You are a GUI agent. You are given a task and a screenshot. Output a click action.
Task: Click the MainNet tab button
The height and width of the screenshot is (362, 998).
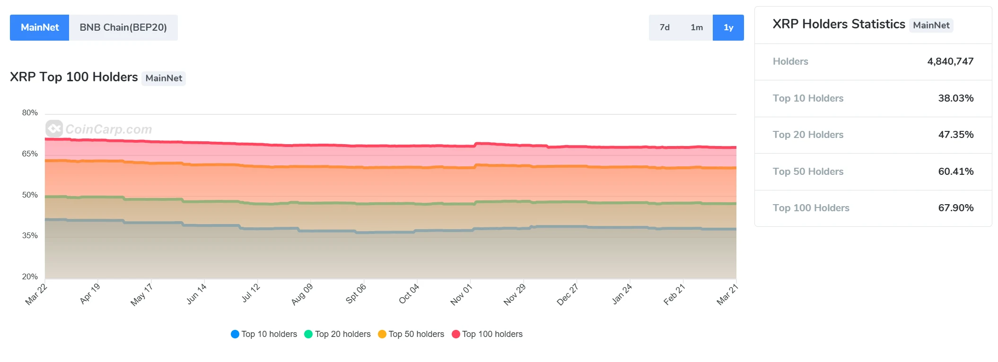coord(40,27)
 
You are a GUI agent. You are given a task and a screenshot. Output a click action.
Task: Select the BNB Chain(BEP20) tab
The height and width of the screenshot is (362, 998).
coord(123,27)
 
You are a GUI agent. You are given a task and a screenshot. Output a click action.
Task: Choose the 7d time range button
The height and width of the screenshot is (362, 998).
coord(665,27)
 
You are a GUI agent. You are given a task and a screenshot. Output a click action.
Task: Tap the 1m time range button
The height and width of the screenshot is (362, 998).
coord(697,27)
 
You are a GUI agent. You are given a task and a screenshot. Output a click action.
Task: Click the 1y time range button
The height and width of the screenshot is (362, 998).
coord(728,27)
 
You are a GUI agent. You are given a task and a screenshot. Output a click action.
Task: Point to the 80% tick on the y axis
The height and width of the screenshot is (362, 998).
coord(30,113)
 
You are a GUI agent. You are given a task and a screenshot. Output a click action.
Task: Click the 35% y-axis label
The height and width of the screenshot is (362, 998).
coord(30,236)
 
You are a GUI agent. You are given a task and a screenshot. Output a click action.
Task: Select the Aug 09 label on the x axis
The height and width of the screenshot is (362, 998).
coord(302,294)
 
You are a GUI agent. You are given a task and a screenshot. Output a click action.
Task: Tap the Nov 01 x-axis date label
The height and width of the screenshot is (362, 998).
coord(461,294)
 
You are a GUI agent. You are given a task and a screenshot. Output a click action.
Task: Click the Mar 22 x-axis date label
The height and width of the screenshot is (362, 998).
coord(36,294)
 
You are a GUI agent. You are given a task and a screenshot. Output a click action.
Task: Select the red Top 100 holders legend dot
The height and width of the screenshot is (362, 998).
coord(456,334)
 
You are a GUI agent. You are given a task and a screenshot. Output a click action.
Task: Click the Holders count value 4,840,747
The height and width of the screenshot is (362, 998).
coord(950,61)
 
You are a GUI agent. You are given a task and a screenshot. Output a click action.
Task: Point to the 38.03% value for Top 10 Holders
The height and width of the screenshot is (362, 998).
coord(955,98)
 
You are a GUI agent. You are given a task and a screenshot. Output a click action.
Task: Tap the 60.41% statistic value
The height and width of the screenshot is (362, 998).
coord(955,172)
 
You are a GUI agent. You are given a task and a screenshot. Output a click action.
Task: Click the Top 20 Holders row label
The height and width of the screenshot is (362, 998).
coord(808,135)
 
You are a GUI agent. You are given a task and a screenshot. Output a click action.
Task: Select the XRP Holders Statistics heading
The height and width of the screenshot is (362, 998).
coord(839,24)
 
